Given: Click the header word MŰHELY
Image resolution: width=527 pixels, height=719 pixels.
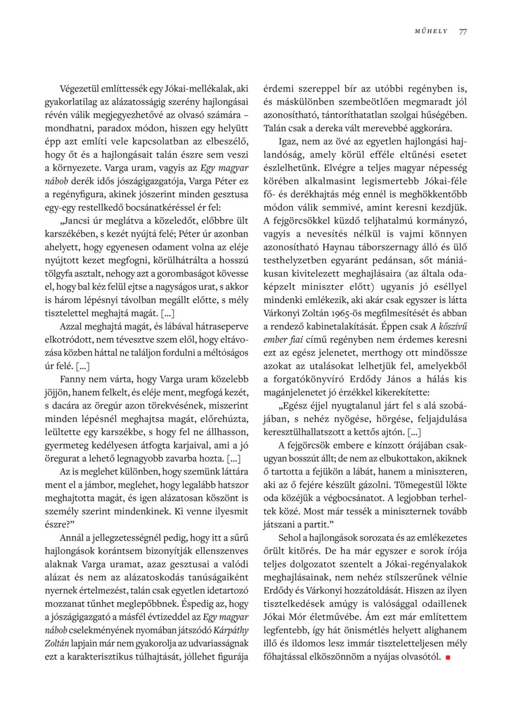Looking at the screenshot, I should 431,32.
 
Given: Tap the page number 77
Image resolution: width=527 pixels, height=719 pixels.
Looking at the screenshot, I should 463,32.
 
